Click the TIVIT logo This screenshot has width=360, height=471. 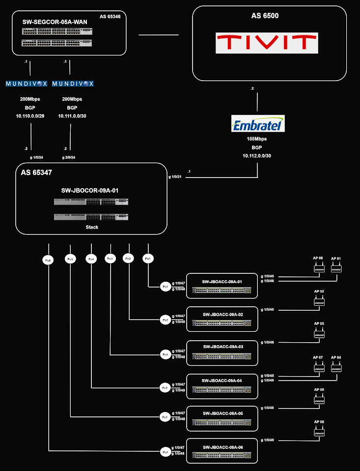tap(267, 43)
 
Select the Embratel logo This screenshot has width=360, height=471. tap(258, 124)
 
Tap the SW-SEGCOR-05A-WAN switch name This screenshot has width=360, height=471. tap(55, 22)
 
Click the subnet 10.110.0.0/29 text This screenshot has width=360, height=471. tap(30, 116)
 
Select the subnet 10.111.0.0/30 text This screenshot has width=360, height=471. tap(72, 116)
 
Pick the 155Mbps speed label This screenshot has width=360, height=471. tap(257, 139)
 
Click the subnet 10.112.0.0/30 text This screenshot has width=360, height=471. tap(257, 156)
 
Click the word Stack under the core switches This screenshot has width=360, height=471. tap(92, 227)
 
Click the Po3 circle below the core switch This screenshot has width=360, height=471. tap(111, 259)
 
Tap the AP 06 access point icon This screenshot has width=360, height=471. tap(319, 432)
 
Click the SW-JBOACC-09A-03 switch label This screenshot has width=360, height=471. tap(223, 347)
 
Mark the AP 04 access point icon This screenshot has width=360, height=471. tap(336, 367)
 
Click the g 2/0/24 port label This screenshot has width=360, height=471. tap(69, 157)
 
